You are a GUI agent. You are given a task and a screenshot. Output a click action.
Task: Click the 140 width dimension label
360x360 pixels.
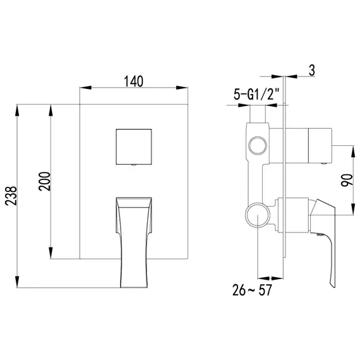134,81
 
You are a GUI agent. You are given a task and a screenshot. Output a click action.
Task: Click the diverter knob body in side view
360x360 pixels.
309,143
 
